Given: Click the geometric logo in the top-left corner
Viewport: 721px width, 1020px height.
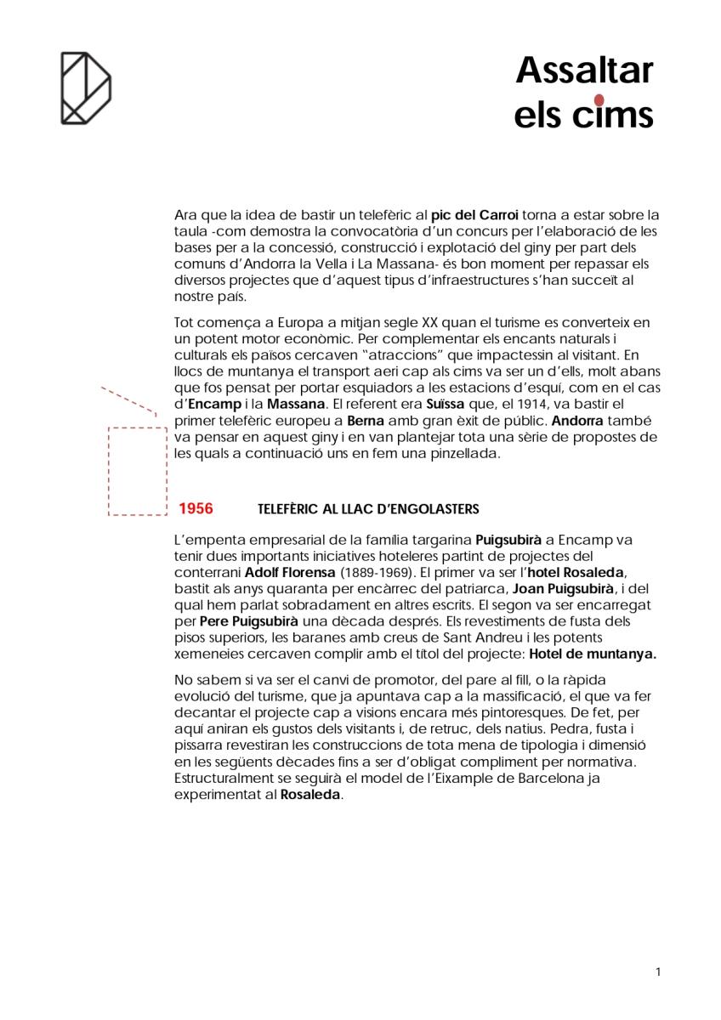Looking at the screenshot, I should [86, 88].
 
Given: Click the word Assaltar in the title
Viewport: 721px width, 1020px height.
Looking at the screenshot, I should [584, 71].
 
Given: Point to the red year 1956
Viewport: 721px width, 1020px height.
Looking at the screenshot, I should [196, 508].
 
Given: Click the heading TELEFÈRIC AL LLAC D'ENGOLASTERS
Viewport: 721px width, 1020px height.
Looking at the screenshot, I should [367, 509].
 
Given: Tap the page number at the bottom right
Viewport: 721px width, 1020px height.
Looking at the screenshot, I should [658, 972].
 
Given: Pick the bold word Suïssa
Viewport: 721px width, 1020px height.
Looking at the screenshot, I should [446, 403].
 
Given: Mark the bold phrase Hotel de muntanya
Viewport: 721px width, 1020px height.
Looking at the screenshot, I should [593, 654].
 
